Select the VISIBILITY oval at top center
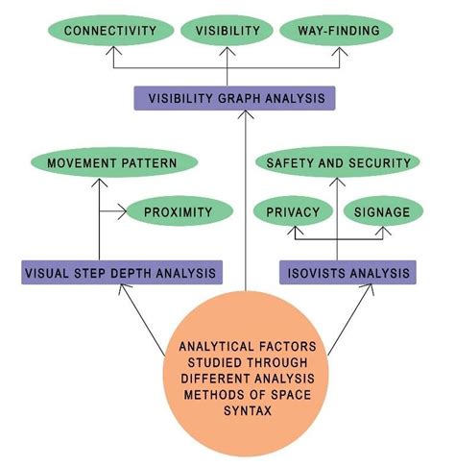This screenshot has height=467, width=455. (x=227, y=31)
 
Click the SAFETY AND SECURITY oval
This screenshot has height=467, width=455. (x=339, y=162)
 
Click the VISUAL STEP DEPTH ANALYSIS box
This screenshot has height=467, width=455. (x=122, y=273)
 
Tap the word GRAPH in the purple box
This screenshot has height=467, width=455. (x=233, y=97)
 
